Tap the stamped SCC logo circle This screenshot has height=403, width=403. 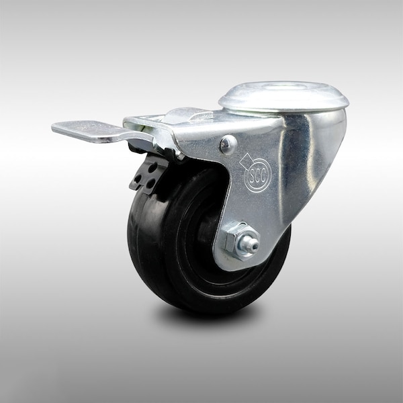point(257,175)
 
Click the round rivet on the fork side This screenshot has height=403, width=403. point(228,144)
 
